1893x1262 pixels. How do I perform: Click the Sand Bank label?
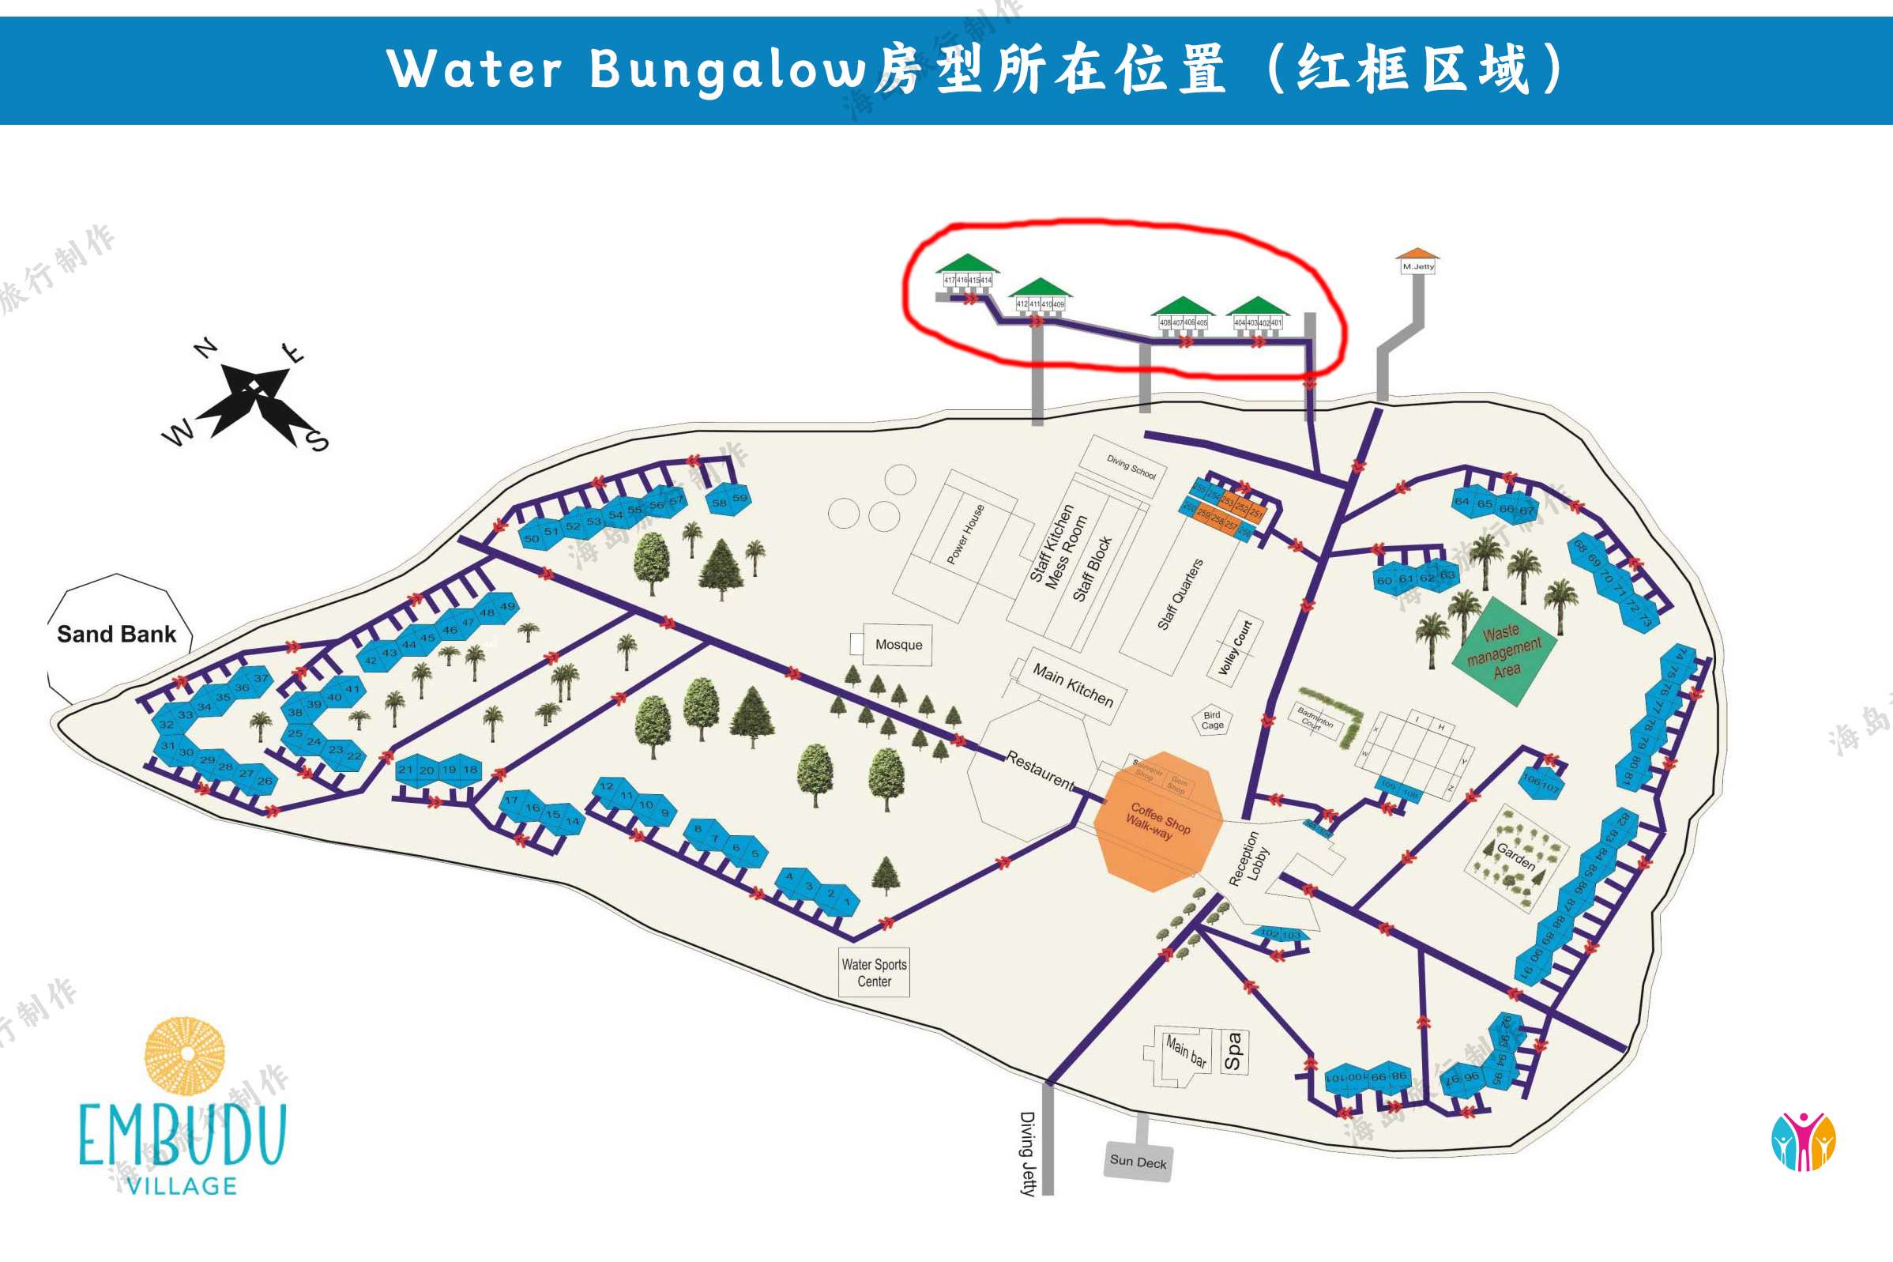[x=117, y=635]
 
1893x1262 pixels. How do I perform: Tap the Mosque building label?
[x=898, y=645]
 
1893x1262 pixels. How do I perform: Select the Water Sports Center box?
[x=874, y=972]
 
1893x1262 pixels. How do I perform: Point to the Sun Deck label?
[x=1138, y=1162]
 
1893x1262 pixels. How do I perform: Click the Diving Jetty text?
[x=1026, y=1152]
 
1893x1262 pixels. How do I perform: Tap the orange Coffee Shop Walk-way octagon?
[x=1158, y=821]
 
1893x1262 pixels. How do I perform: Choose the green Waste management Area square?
[x=1503, y=651]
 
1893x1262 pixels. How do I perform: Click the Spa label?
[x=1233, y=1051]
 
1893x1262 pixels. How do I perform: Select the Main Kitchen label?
[x=1072, y=685]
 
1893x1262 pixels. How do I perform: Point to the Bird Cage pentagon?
[x=1212, y=720]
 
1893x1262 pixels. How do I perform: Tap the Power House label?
[x=965, y=533]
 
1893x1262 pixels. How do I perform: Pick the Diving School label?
[x=1131, y=467]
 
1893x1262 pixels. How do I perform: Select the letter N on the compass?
[x=206, y=348]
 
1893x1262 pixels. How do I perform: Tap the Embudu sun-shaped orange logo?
[x=185, y=1055]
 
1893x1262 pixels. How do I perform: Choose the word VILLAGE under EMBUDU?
[x=183, y=1185]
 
